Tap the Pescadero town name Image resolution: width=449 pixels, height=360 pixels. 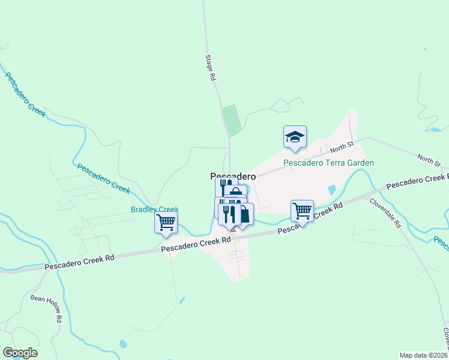[233, 176]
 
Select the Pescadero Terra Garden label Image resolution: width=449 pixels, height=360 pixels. [329, 163]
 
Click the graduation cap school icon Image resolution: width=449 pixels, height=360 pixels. [295, 136]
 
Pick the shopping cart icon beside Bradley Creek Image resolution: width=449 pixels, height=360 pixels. [166, 223]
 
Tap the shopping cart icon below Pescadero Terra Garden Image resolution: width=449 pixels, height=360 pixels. [302, 211]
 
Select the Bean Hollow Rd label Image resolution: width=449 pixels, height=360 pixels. [46, 309]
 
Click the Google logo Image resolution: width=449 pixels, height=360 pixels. [20, 353]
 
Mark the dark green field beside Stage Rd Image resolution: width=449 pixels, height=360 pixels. [231, 119]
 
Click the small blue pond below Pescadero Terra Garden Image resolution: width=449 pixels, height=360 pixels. [332, 190]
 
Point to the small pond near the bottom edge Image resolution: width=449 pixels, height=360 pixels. [123, 344]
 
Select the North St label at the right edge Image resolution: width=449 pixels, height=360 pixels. [429, 160]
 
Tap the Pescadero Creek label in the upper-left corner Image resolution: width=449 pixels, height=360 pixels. [25, 94]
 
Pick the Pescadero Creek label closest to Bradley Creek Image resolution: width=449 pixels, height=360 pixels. [103, 178]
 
